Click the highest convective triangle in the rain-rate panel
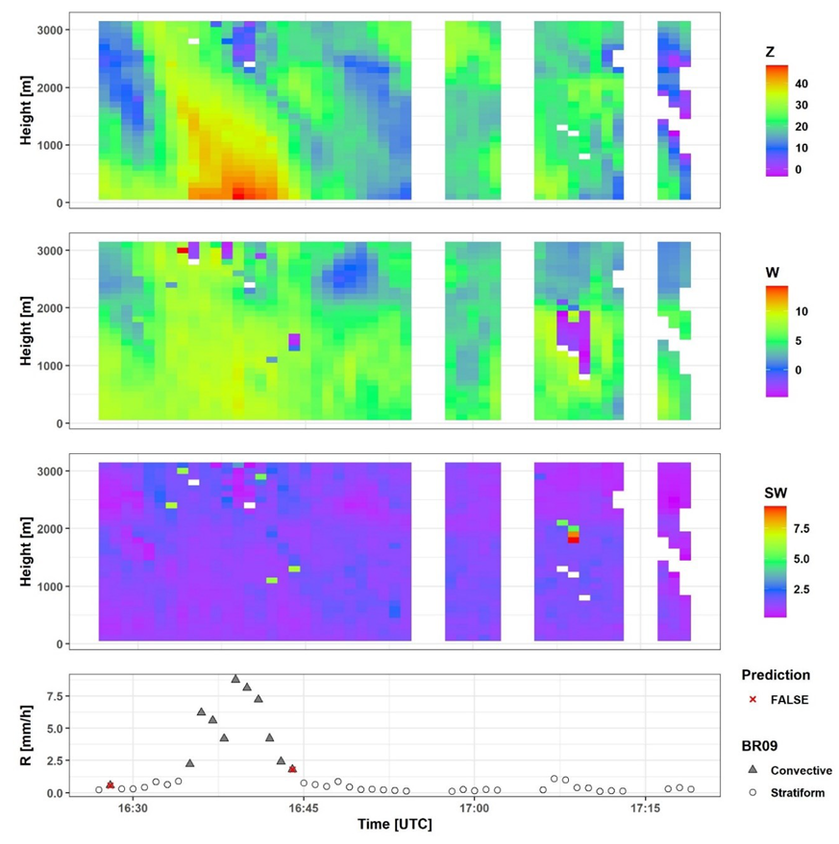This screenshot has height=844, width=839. [235, 679]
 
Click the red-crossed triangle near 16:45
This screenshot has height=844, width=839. [292, 768]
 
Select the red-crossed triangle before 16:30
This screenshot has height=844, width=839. [110, 784]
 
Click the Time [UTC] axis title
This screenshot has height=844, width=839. [394, 825]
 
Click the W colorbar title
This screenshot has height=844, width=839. [773, 273]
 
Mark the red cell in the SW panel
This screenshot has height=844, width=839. [573, 540]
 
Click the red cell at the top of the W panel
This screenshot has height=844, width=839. [183, 250]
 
